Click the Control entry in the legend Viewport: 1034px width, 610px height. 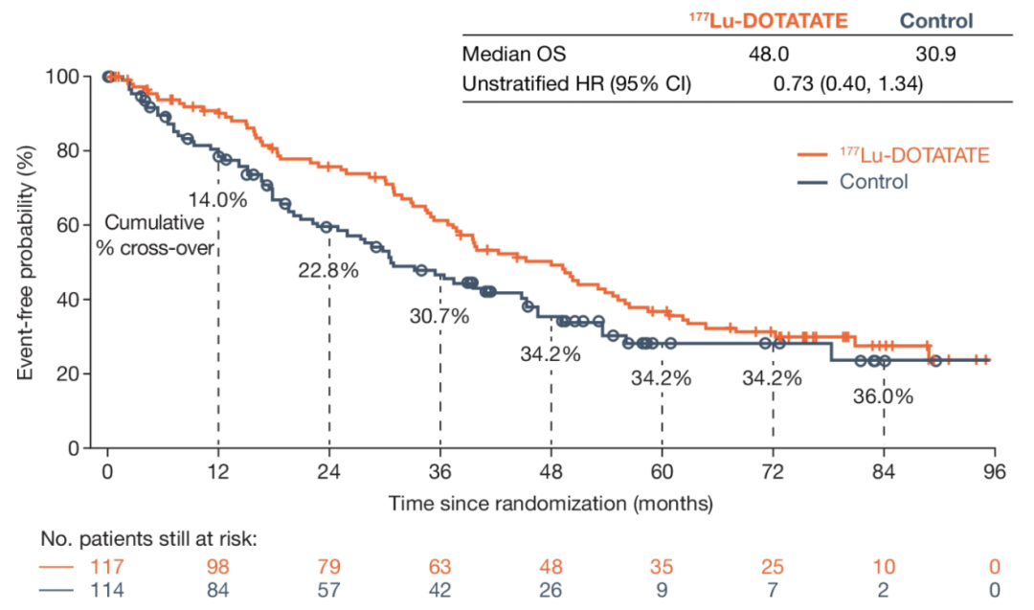click(873, 181)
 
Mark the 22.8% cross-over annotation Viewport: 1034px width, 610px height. click(328, 270)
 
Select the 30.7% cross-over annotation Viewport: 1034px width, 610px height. click(439, 316)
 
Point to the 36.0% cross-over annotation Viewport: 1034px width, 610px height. click(884, 395)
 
